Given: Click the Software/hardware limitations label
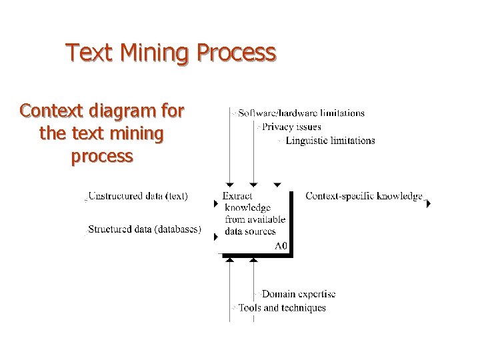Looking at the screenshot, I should click(x=301, y=113).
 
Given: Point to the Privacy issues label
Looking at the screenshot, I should click(x=291, y=127).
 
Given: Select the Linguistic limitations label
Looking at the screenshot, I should click(x=329, y=141).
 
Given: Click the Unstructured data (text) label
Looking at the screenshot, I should click(x=138, y=196).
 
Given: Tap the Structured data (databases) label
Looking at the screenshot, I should click(x=145, y=230).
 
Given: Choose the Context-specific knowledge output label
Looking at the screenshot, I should click(x=364, y=196).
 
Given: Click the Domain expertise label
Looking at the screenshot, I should click(x=298, y=294).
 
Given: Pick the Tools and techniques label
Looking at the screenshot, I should click(x=282, y=308).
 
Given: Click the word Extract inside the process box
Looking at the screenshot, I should click(x=237, y=196).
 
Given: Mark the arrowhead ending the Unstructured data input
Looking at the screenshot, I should click(x=215, y=203).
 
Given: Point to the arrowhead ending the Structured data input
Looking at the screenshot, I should click(x=215, y=237).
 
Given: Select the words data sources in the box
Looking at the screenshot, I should click(x=250, y=231).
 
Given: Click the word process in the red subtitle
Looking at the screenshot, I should click(x=101, y=156).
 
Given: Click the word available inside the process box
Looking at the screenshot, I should click(x=265, y=219).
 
